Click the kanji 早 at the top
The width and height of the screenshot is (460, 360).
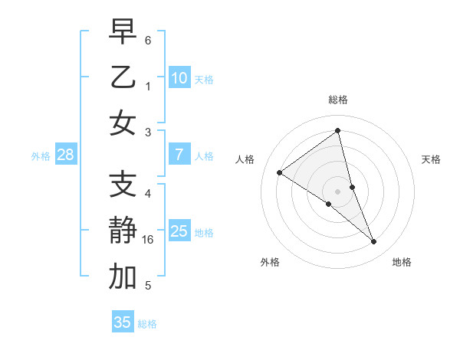[x=122, y=33]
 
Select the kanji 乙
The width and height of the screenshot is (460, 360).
[x=122, y=77]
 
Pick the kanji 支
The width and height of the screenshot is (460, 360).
[x=122, y=184]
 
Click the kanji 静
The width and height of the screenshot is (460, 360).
[x=122, y=231]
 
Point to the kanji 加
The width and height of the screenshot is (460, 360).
[x=122, y=277]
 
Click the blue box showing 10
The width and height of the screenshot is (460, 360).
[x=179, y=77]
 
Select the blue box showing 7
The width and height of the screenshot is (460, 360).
[x=179, y=155]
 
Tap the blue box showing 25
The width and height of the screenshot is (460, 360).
[x=179, y=231]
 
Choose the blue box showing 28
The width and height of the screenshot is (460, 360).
[x=65, y=155]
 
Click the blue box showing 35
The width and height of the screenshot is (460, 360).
[x=123, y=322]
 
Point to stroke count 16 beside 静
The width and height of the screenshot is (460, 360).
[x=148, y=240]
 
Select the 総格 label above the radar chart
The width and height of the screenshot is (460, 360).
[x=337, y=100]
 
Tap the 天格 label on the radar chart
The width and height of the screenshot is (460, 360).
[x=431, y=159]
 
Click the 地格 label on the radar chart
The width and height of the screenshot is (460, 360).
[x=402, y=262]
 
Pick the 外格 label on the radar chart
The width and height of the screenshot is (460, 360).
[x=270, y=262]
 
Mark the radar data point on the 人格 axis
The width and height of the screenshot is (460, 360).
[x=280, y=172]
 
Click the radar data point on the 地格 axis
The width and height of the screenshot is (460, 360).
[x=374, y=242]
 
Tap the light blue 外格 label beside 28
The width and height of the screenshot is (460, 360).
[x=41, y=155]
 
